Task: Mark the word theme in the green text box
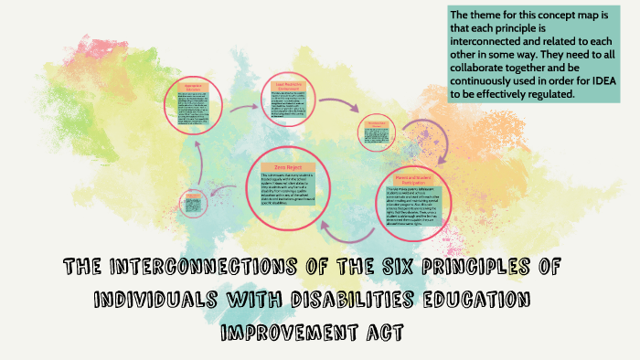click(491, 16)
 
